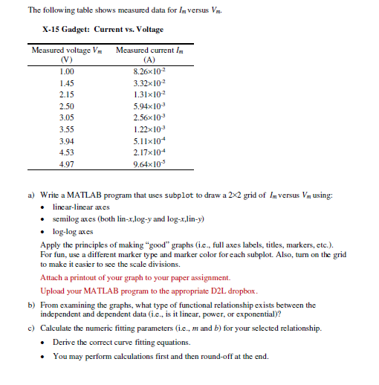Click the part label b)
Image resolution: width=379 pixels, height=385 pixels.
pos(31,305)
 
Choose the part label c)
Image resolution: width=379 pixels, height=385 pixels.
pos(31,328)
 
